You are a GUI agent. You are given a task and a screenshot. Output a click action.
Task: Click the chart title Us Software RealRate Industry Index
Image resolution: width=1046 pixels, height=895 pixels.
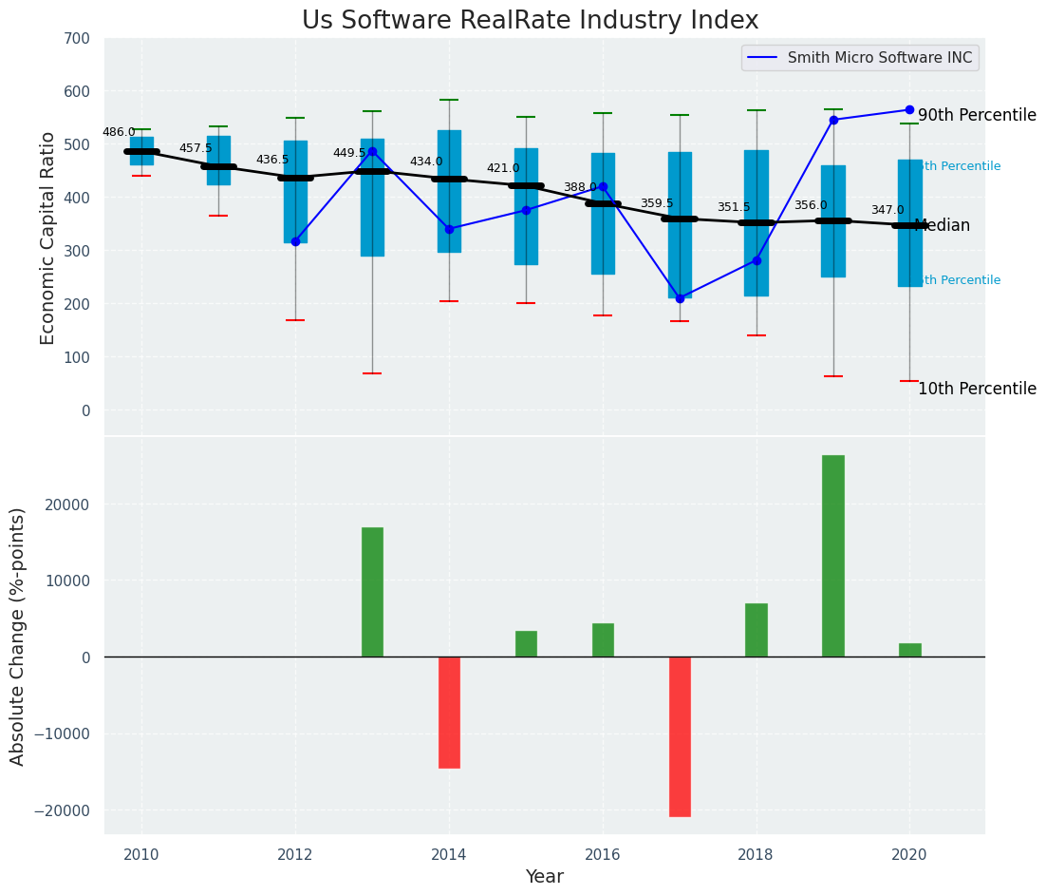pyautogui.click(x=530, y=21)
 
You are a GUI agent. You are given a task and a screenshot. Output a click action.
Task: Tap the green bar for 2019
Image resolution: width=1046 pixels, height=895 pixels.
pyautogui.click(x=832, y=556)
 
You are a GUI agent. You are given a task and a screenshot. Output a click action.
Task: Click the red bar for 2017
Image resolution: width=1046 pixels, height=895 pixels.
pyautogui.click(x=680, y=736)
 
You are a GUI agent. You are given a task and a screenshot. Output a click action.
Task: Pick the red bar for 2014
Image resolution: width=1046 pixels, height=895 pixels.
pyautogui.click(x=449, y=712)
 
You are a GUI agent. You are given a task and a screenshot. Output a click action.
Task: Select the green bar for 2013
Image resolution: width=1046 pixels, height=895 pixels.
pyautogui.click(x=372, y=592)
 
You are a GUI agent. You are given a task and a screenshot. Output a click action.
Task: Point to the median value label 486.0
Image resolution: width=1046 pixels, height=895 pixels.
pyautogui.click(x=119, y=133)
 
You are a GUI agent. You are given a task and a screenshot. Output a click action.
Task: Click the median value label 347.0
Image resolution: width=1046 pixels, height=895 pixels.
pyautogui.click(x=887, y=211)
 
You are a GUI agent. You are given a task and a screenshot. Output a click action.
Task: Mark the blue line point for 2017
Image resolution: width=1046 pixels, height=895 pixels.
pyautogui.click(x=680, y=298)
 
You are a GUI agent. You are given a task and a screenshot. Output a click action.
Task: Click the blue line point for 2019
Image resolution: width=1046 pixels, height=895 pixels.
pyautogui.click(x=833, y=120)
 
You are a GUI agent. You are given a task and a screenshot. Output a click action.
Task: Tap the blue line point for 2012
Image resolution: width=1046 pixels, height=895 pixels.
pyautogui.click(x=295, y=241)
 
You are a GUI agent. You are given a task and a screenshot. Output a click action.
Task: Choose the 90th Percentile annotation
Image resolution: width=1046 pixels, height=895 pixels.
pyautogui.click(x=977, y=115)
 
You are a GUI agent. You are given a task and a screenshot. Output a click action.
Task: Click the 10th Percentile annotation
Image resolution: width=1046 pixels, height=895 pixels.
pyautogui.click(x=977, y=390)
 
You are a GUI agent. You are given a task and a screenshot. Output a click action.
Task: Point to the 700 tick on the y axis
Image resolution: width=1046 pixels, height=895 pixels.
pyautogui.click(x=77, y=39)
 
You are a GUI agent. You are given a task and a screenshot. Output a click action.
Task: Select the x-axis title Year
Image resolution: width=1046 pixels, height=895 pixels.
pyautogui.click(x=544, y=877)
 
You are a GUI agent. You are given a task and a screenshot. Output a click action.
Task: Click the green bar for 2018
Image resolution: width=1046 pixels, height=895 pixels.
pyautogui.click(x=756, y=630)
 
